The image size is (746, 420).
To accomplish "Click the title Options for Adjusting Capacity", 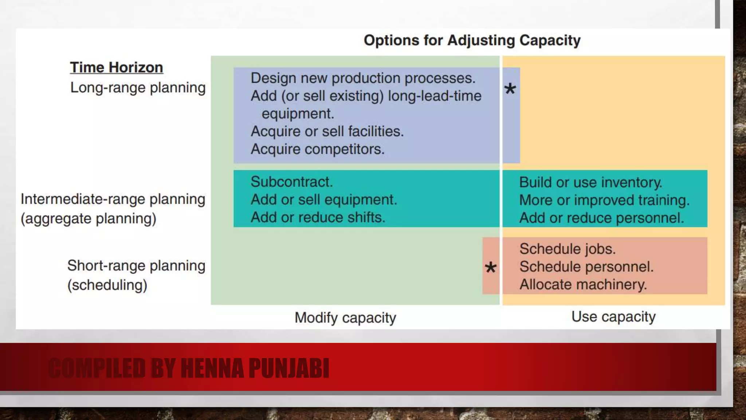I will click(x=472, y=40).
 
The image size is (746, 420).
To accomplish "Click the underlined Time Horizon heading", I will click(x=117, y=68).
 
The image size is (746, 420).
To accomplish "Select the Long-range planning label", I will click(x=138, y=88).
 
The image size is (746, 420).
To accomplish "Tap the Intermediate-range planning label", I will click(x=113, y=199).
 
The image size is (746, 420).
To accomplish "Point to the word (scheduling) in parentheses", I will click(x=107, y=285).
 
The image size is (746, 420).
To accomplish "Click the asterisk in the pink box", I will click(x=491, y=268).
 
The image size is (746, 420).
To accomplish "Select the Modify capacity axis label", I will click(x=345, y=318).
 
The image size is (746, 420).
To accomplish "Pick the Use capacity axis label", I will click(x=613, y=316).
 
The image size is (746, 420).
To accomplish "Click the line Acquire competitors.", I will click(x=317, y=149).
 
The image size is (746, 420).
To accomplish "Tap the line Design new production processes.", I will click(x=363, y=78).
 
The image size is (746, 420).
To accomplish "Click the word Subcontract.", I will click(x=291, y=182).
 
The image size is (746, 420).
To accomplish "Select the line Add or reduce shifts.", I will click(x=318, y=217).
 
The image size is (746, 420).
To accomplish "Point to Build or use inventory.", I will click(x=590, y=182).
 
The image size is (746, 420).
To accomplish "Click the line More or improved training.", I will click(x=604, y=200).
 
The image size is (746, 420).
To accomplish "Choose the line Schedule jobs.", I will click(x=567, y=249).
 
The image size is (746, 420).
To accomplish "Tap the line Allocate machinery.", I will click(x=583, y=284).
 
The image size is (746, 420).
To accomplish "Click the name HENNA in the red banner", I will click(x=212, y=368).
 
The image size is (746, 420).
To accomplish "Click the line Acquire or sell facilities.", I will click(x=327, y=131).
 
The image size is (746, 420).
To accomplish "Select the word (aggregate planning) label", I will click(x=89, y=219).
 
